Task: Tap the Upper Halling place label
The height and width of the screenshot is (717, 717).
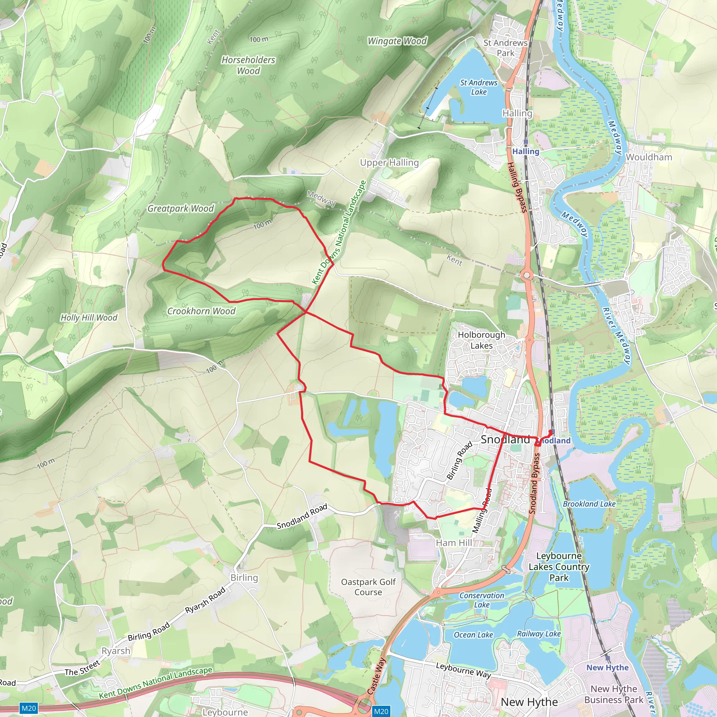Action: click(x=389, y=162)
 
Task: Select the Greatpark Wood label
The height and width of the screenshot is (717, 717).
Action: click(x=181, y=209)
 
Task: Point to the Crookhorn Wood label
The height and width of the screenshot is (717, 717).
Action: click(x=201, y=311)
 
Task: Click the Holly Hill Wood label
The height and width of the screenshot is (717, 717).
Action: click(x=89, y=318)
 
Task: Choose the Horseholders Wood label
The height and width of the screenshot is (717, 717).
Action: click(x=248, y=65)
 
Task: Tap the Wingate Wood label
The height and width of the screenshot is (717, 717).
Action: click(x=397, y=41)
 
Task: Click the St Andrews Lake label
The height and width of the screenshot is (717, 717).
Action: click(x=479, y=87)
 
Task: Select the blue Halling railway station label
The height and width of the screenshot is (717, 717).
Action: click(x=525, y=151)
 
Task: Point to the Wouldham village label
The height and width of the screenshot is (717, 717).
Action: click(x=649, y=157)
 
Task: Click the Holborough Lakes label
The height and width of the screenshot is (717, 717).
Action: click(x=481, y=340)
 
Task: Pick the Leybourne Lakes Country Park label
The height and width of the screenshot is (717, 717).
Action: click(x=559, y=567)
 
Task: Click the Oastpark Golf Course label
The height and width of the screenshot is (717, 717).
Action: click(x=368, y=587)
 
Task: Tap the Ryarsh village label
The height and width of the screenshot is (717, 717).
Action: click(x=116, y=651)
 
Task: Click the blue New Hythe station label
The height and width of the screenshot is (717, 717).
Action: click(x=607, y=668)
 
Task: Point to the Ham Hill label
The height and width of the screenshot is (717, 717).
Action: click(x=454, y=543)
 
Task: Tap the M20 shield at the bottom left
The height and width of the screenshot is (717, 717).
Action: click(x=29, y=709)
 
